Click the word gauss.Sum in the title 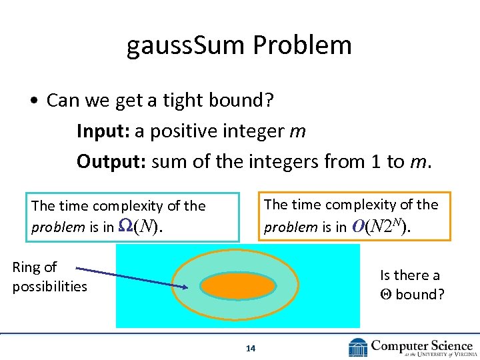click(187, 45)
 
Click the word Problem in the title click(303, 45)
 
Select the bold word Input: click(103, 131)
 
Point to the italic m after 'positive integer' click(297, 131)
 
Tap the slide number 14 click(251, 348)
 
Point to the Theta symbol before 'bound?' click(385, 294)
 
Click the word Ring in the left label click(26, 267)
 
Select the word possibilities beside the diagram click(49, 287)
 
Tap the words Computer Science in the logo click(421, 345)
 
